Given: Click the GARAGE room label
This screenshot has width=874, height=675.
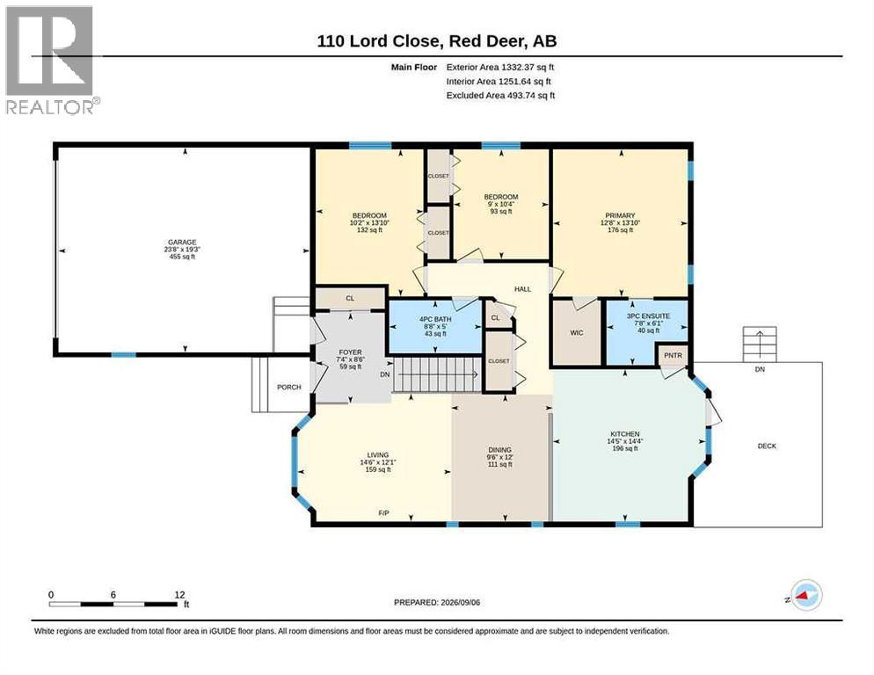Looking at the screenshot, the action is pos(182,243).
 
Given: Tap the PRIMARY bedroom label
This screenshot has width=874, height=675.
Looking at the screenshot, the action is pos(621,215).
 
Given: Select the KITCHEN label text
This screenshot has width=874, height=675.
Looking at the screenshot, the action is pos(625,433).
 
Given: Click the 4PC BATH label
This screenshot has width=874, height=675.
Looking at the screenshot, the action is pos(435,319).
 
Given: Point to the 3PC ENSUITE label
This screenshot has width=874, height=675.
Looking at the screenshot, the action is pos(648,316).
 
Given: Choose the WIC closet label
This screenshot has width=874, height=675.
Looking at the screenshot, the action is pos(577,333).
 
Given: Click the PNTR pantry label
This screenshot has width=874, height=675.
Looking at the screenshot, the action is pos(674,355).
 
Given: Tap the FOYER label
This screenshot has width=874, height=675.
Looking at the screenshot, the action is pos(351,352).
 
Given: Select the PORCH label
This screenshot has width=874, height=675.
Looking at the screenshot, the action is pos(288,387).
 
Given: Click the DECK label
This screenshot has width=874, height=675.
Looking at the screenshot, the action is pos(767,446).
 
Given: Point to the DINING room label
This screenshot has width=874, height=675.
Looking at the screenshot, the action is pos(500,450).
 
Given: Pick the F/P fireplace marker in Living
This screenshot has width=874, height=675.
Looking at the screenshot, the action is pos(383,512).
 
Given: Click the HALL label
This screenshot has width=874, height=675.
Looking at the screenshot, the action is pos(523,289).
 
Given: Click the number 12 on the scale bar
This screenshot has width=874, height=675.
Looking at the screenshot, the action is pos(179,595).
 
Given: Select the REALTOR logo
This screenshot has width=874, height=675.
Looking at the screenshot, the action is pos(53,60).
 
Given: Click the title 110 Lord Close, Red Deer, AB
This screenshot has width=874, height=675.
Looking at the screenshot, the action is pos(437,41).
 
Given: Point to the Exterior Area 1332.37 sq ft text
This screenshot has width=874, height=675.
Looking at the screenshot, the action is pos(500,67).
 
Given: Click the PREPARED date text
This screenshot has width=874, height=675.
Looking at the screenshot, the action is pos(437,603).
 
